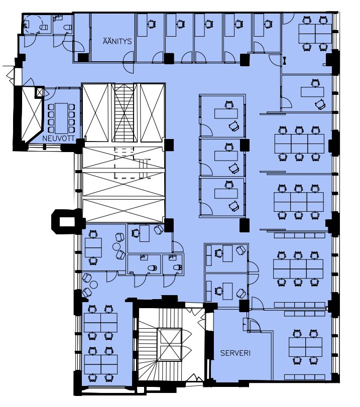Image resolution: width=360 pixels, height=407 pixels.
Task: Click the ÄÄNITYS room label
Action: [x=117, y=41]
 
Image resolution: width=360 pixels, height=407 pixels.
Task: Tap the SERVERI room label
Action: [x=235, y=353]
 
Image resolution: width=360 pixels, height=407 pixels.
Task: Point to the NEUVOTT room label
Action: [x=58, y=139]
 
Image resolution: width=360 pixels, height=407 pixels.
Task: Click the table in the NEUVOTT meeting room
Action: [x=62, y=118]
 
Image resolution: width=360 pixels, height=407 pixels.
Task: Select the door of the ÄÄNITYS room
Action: [x=128, y=62]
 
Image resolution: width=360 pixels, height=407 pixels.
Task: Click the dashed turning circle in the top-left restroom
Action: [x=33, y=25]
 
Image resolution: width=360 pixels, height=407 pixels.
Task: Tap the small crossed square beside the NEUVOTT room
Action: [x=40, y=92]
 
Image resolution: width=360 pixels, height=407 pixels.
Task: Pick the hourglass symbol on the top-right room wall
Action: [x=285, y=61]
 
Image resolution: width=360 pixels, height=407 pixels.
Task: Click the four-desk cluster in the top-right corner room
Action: [x=315, y=34]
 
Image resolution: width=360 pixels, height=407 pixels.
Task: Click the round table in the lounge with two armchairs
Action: [x=116, y=246]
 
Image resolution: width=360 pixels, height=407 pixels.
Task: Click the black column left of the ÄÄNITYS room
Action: [x=83, y=58]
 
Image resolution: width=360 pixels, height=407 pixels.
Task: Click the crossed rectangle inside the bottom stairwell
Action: [x=169, y=344]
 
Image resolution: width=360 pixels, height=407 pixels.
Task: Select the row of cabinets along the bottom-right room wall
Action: [x=304, y=377]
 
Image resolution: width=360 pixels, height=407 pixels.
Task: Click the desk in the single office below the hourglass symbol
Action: [x=312, y=92]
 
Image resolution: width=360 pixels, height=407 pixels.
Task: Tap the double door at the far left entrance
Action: [x=11, y=76]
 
